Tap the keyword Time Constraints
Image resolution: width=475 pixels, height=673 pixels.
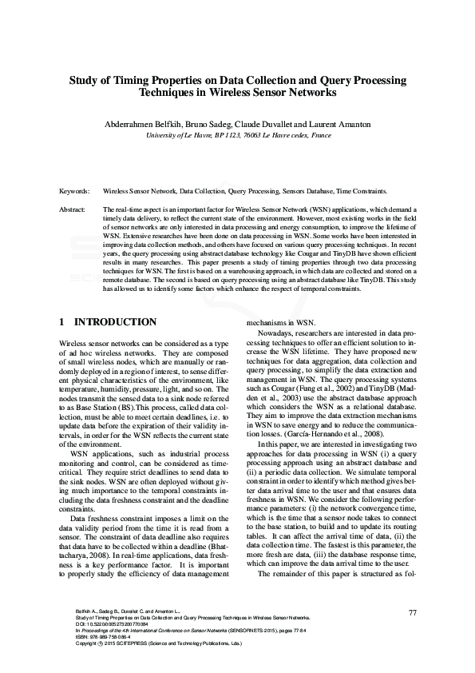(359, 192)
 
